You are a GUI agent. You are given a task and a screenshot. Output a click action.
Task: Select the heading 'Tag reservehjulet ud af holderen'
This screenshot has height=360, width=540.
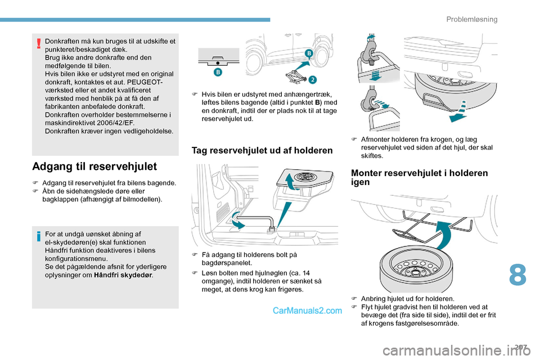coord(262,150)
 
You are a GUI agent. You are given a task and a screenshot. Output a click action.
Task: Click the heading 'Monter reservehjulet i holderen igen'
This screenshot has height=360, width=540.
coord(419,178)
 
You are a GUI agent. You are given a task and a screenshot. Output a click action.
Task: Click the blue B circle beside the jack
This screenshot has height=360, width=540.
coord(309,53)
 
